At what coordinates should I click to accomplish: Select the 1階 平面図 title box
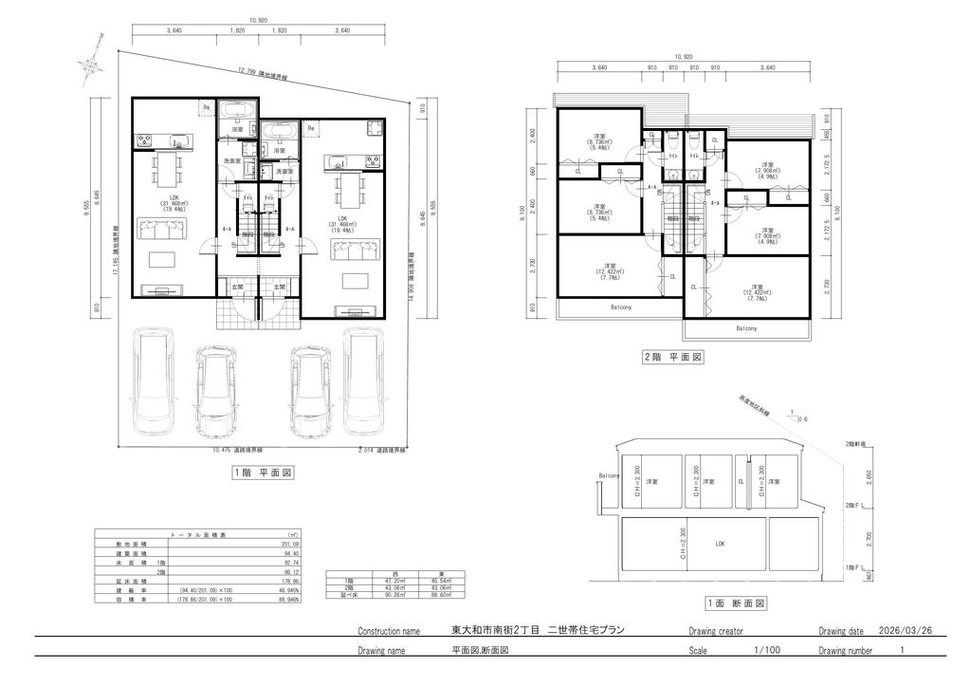(x=262, y=472)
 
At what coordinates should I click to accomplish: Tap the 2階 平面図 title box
(x=672, y=358)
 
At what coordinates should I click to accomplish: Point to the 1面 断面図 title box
(x=736, y=603)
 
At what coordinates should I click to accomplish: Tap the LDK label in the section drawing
(x=720, y=544)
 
